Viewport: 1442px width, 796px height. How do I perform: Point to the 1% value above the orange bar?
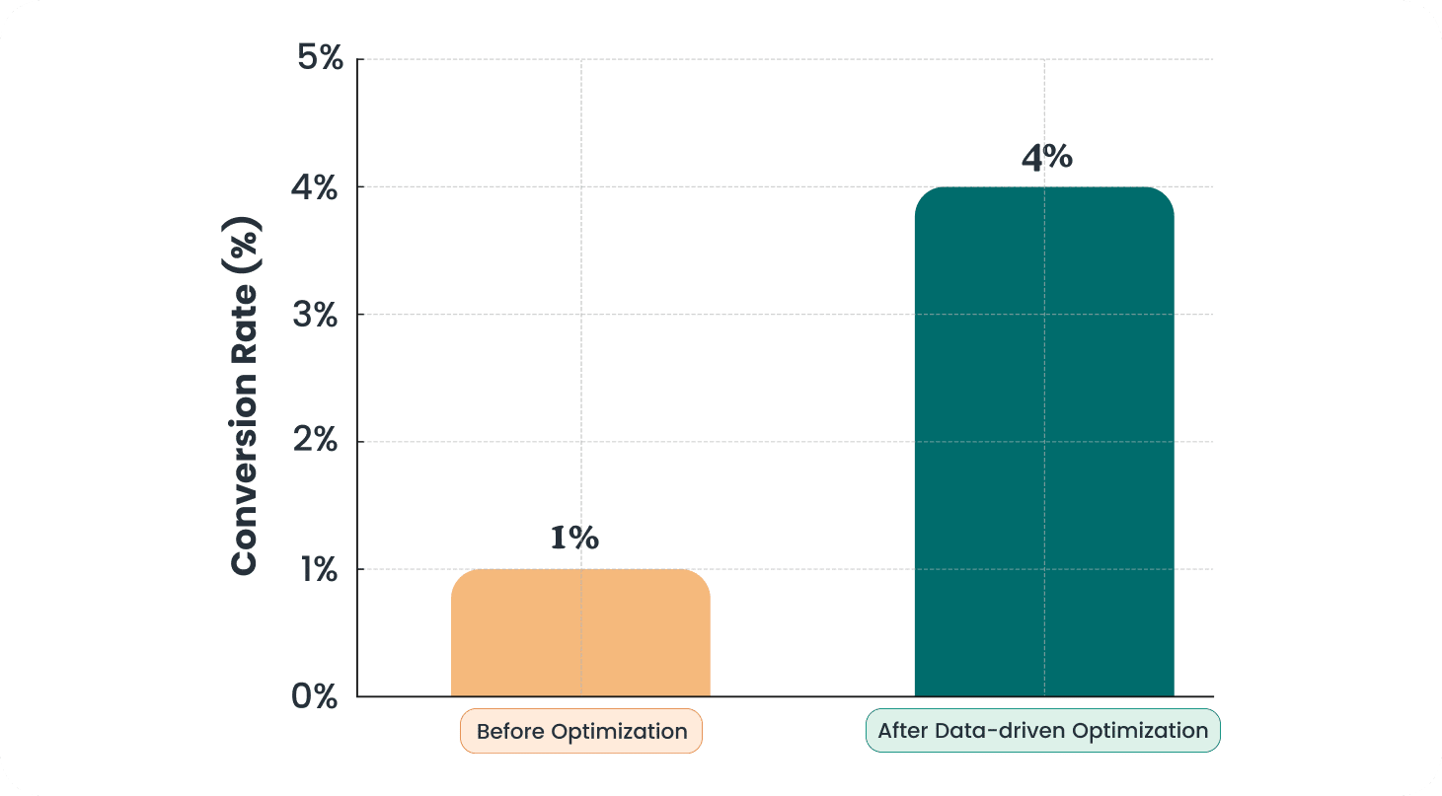pos(574,539)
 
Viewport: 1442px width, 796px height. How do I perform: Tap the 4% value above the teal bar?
pos(1046,158)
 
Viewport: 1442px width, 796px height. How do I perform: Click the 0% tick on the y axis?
pos(315,696)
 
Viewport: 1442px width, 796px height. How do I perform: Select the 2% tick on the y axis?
pos(316,442)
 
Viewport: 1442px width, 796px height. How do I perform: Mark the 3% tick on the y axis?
pos(316,315)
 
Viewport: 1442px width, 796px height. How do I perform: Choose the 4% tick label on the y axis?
pos(316,187)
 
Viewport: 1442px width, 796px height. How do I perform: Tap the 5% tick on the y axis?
pos(319,59)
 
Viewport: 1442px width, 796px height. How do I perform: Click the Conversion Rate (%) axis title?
pos(244,398)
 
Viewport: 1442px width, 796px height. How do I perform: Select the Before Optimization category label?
pos(581,732)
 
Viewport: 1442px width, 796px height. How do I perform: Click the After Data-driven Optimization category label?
pos(1042,731)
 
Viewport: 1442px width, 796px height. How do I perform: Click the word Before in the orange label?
pos(510,732)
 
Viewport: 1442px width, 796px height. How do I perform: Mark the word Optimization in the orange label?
pos(619,732)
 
